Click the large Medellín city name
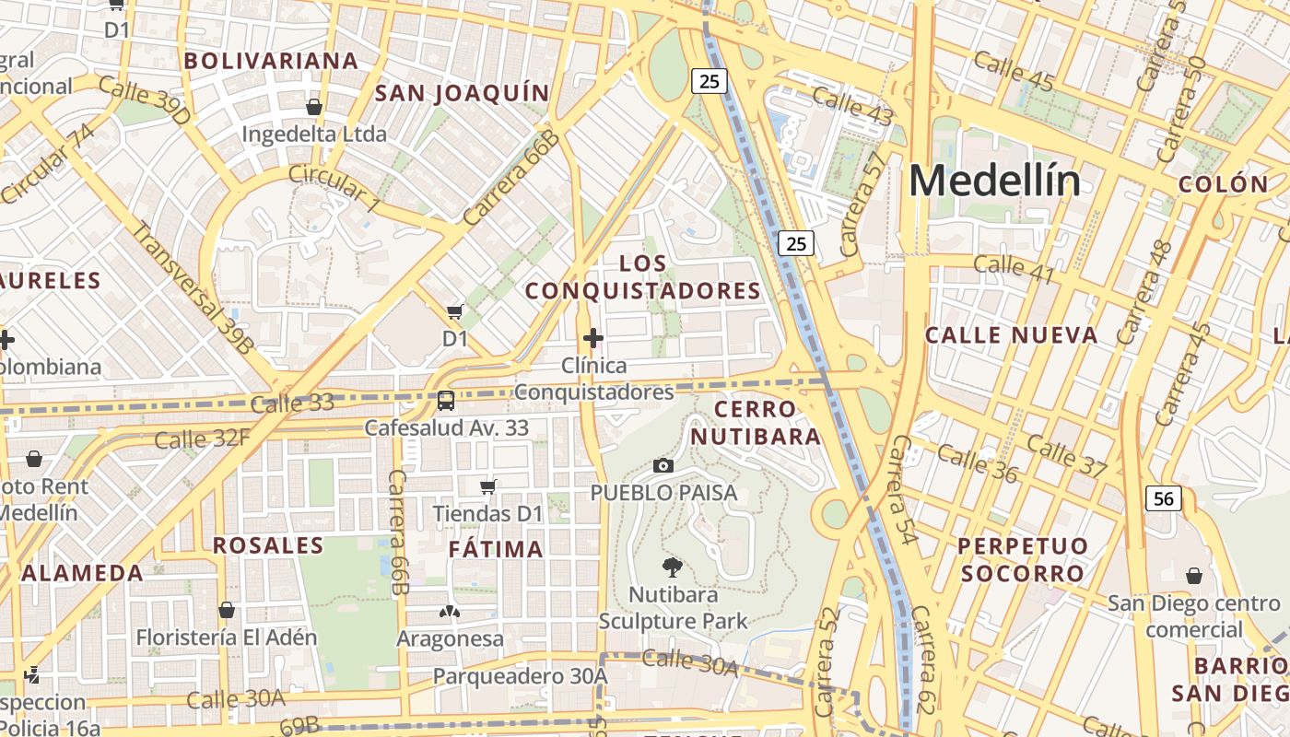coord(994,180)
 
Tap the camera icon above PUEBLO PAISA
coord(663,466)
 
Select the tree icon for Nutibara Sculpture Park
coord(673,567)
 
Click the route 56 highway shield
coord(1164,498)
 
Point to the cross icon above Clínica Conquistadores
coord(593,338)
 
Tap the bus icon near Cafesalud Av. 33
coord(446,401)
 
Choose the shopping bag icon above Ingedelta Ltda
coord(313,107)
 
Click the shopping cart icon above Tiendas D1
coord(488,485)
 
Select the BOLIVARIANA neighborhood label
coord(271,62)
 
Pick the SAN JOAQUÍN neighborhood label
coord(462,93)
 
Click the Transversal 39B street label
coord(193,287)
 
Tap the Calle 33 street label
coord(292,403)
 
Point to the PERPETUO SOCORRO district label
coord(1022,559)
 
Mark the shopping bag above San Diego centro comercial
coord(1194,576)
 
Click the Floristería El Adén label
coord(227,637)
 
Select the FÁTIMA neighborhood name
coord(496,550)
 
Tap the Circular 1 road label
coord(334,187)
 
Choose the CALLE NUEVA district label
coord(1011,335)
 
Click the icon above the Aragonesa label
coord(450,611)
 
